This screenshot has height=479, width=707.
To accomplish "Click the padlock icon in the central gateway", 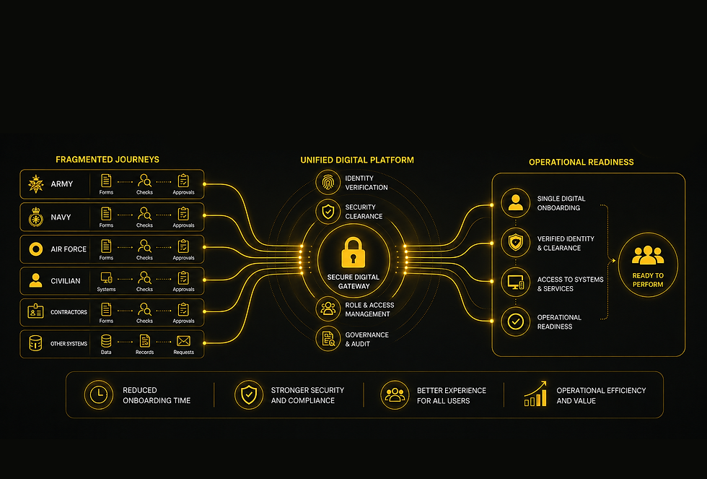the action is coord(353,253).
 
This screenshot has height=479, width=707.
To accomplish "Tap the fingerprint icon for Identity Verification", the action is coord(328,182).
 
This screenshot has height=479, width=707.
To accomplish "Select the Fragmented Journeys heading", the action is coord(107,160).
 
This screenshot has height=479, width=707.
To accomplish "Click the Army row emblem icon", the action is coord(35,184).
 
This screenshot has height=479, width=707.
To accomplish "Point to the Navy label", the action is coord(61,217).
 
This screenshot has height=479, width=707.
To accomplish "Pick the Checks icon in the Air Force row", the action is coord(144,246).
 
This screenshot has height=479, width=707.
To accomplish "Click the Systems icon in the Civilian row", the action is coord(107,277).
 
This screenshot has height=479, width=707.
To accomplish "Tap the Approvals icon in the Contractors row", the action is coord(183,309).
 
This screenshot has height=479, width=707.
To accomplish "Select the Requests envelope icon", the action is coord(183,341).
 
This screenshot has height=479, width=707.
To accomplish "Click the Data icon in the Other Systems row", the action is coord(106,341).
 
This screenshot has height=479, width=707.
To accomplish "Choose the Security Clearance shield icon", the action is coord(328,211).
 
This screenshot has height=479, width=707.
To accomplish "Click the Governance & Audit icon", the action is coord(328,339).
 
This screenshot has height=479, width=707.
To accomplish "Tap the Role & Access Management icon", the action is coord(328,308).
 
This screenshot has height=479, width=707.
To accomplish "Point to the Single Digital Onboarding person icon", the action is coord(515,203).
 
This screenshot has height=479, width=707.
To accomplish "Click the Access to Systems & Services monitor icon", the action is coord(515,282).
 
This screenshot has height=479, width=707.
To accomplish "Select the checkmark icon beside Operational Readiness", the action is coord(515,322).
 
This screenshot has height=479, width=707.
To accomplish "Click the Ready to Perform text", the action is coord(648,280).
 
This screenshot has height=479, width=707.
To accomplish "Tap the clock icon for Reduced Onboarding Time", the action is coord(99,395).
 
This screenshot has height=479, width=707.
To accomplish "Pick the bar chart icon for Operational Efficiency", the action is coord(535,394).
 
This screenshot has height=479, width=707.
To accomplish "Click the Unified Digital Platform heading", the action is coord(357,160).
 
